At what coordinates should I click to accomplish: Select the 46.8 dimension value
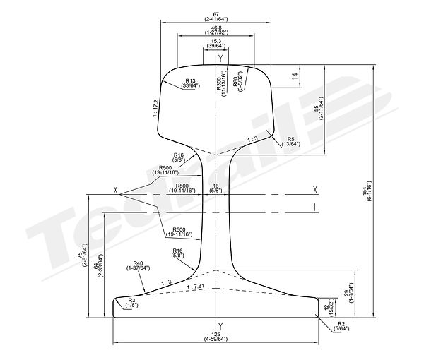click(x=216, y=28)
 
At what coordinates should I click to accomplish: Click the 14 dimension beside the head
click(x=295, y=75)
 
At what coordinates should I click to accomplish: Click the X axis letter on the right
click(x=314, y=189)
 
